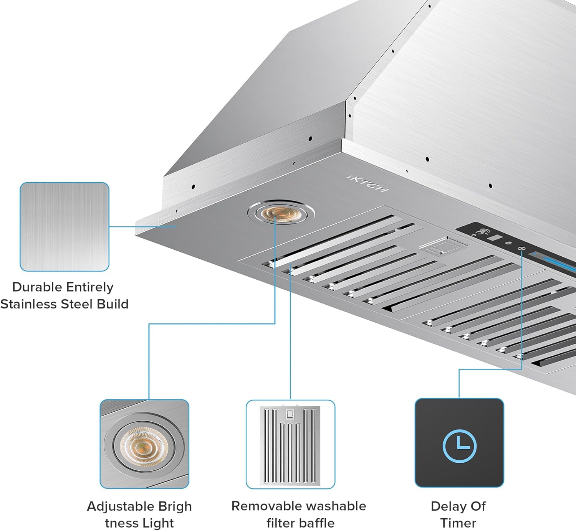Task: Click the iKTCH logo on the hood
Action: coord(367,184)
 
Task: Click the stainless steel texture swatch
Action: coord(65,227)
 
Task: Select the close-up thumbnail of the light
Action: coord(144,444)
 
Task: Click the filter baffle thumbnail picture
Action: coord(291,444)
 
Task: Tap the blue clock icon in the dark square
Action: coord(459,446)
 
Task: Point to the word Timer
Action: coord(458,523)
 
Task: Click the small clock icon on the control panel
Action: coord(521,249)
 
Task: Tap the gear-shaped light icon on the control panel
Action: coord(508,243)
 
